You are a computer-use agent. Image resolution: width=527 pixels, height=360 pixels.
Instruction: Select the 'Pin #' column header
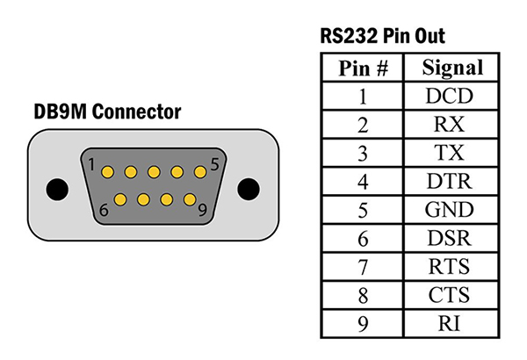(x=363, y=68)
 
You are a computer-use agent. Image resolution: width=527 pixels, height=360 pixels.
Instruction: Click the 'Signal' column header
(x=453, y=68)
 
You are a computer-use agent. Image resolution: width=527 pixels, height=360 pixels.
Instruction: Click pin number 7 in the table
(x=363, y=266)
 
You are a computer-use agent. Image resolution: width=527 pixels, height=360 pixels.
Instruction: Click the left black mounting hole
(x=56, y=188)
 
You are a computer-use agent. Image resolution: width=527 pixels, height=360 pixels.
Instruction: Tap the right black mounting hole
(x=250, y=188)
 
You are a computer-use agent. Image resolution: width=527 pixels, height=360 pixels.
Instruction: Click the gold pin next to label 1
(x=108, y=171)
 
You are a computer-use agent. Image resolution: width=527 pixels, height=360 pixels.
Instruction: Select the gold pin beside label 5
(x=199, y=171)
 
